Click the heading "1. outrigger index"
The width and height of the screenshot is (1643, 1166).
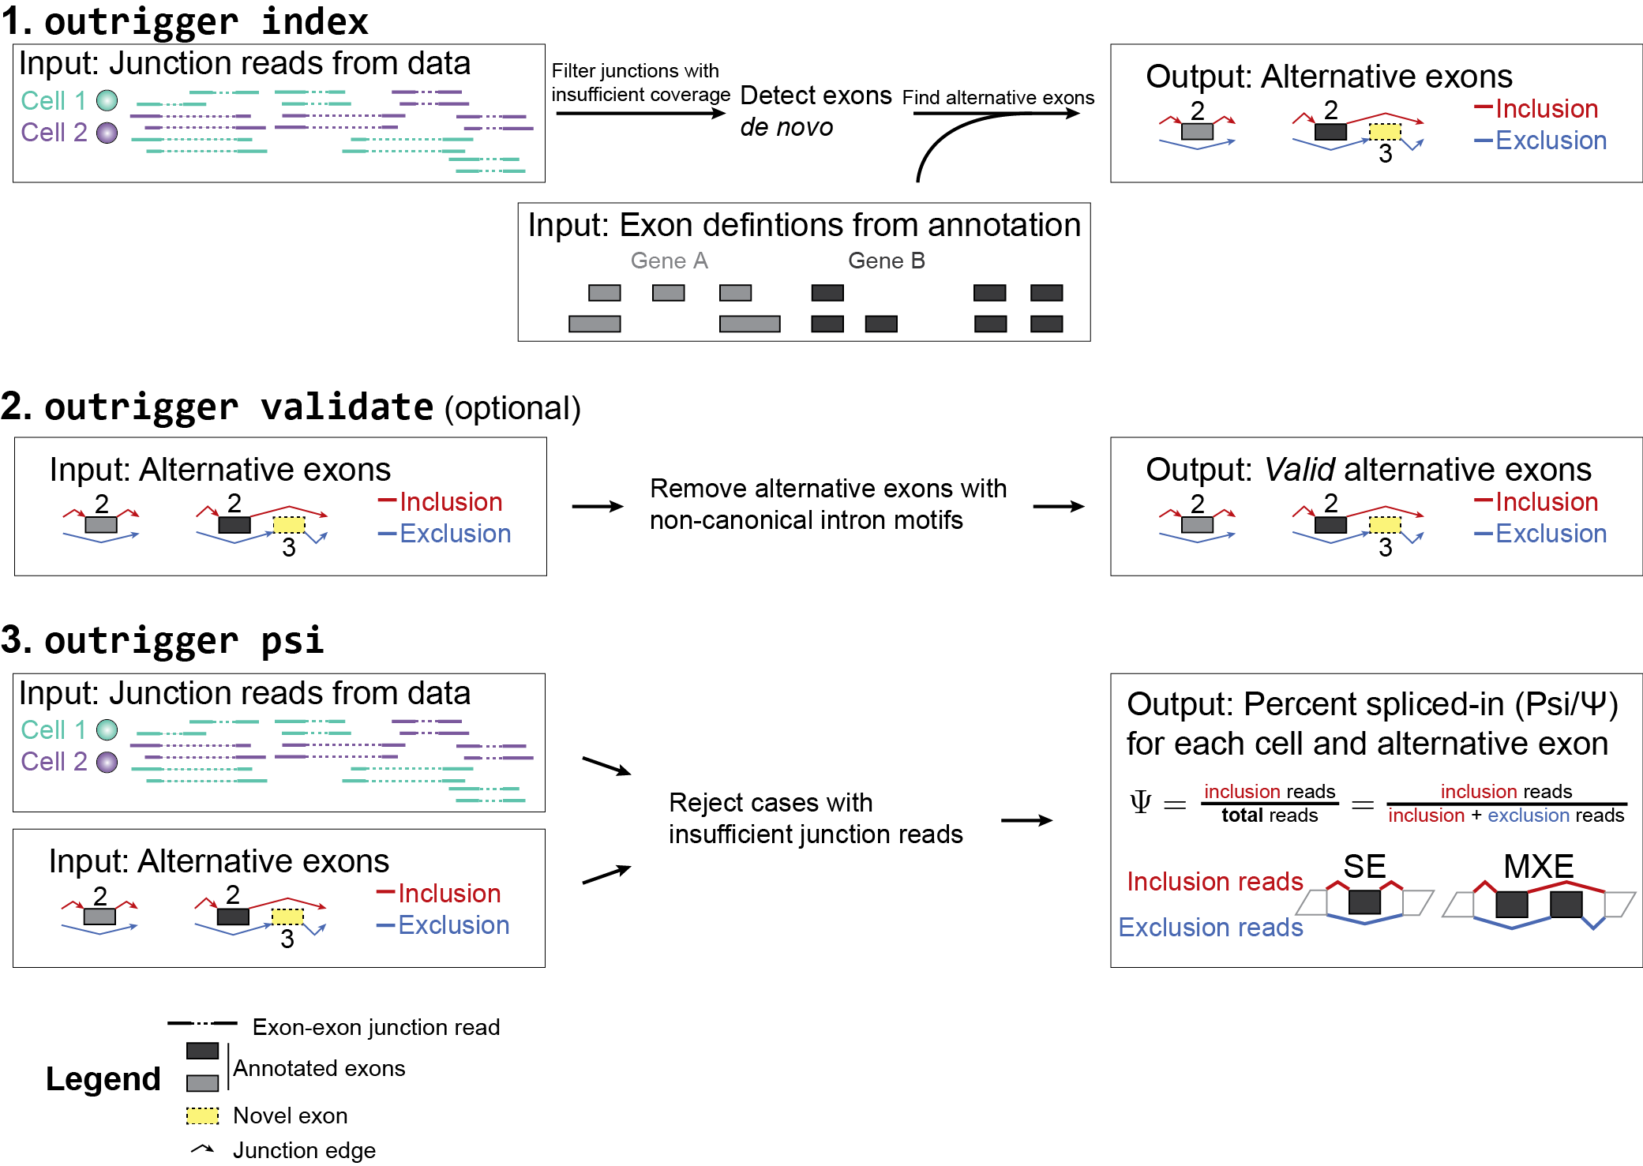pyautogui.click(x=185, y=21)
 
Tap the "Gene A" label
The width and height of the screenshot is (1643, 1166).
pyautogui.click(x=669, y=261)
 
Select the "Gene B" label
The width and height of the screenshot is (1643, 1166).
pyautogui.click(x=886, y=261)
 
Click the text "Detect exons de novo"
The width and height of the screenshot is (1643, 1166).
pyautogui.click(x=815, y=111)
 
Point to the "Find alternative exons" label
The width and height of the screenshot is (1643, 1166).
pyautogui.click(x=998, y=97)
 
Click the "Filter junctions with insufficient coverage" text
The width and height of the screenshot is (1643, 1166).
pyautogui.click(x=640, y=82)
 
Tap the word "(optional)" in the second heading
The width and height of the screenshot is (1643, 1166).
pyautogui.click(x=512, y=408)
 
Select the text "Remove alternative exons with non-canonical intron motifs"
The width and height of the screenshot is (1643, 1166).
pyautogui.click(x=827, y=504)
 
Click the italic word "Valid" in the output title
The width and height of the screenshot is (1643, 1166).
pyautogui.click(x=1299, y=470)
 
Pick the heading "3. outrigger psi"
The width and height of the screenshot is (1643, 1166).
pyautogui.click(x=163, y=640)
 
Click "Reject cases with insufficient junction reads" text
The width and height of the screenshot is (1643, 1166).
pyautogui.click(x=815, y=818)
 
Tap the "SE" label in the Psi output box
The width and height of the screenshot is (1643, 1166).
pyautogui.click(x=1364, y=866)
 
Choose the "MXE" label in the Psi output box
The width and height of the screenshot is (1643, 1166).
pyautogui.click(x=1538, y=866)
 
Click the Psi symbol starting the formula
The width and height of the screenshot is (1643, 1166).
pyautogui.click(x=1140, y=803)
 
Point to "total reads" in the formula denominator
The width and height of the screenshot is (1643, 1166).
pyautogui.click(x=1270, y=815)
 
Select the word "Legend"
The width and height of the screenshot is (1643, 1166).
pyautogui.click(x=103, y=1078)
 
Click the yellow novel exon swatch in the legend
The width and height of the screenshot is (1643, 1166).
pyautogui.click(x=202, y=1115)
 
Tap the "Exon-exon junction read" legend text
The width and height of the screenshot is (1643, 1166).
pyautogui.click(x=376, y=1027)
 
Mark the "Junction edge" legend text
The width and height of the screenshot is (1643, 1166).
pyautogui.click(x=304, y=1150)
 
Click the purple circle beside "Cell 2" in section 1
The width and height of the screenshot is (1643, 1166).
pyautogui.click(x=107, y=133)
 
